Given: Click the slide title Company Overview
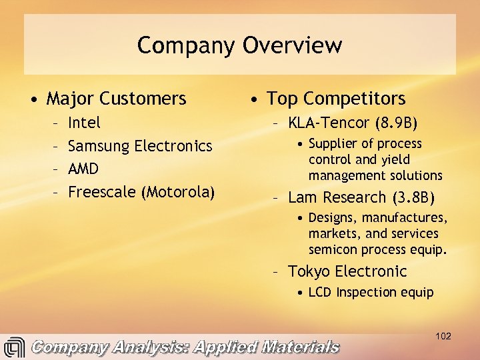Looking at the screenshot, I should click(x=239, y=45).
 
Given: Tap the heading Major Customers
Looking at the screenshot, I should click(x=116, y=99).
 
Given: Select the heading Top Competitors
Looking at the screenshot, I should click(x=336, y=99).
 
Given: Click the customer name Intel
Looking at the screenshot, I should click(x=85, y=123).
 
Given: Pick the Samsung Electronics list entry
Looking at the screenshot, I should click(x=140, y=146).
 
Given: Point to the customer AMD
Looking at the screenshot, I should click(x=83, y=169).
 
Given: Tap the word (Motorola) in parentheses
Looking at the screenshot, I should click(x=178, y=192).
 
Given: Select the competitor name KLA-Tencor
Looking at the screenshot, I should click(x=329, y=123).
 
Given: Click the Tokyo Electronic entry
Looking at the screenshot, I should click(x=347, y=271).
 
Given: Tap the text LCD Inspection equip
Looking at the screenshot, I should click(x=371, y=292).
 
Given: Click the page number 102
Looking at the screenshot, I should click(x=443, y=336).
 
